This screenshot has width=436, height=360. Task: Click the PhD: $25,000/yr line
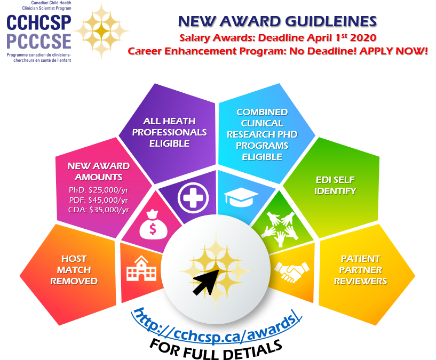pos(98,190)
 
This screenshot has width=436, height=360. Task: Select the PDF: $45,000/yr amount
pos(98,200)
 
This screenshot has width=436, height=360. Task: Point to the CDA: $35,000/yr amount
pos(98,210)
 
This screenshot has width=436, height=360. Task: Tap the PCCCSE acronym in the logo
pos(38,42)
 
